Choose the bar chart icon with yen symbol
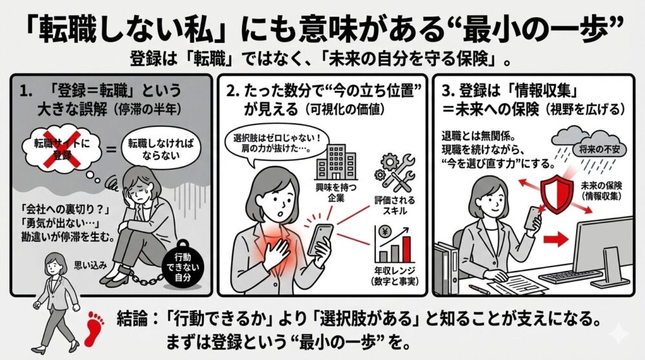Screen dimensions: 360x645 coord(393,245)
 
